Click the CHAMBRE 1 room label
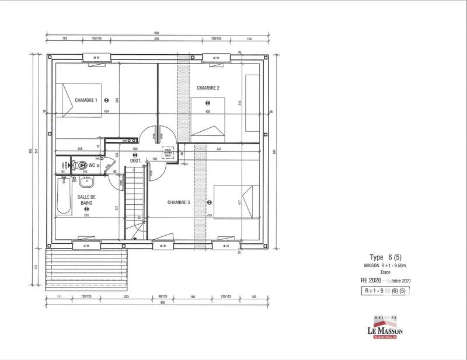pyautogui.click(x=86, y=100)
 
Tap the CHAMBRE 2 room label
pyautogui.click(x=208, y=88)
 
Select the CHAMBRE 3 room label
pyautogui.click(x=179, y=202)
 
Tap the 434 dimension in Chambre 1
pyautogui.click(x=106, y=111)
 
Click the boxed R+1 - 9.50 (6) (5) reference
pyautogui.click(x=385, y=290)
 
